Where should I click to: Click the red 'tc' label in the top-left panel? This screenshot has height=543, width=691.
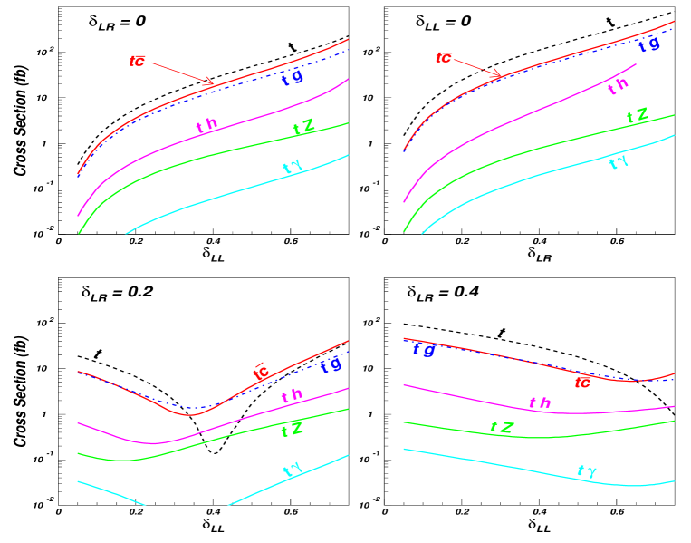(x=138, y=62)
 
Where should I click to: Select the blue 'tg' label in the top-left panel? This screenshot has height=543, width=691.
(x=293, y=79)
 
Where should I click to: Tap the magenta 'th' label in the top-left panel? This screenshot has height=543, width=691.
(x=207, y=126)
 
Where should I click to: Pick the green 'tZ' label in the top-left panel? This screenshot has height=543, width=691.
(x=304, y=128)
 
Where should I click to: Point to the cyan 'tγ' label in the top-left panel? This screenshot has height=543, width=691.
(x=292, y=168)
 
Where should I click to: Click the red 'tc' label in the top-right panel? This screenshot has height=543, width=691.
(x=443, y=58)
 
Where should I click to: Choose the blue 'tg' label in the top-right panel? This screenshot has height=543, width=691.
(x=648, y=44)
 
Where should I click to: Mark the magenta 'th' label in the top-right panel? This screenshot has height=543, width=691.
(x=618, y=86)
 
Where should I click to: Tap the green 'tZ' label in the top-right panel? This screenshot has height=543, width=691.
(x=638, y=117)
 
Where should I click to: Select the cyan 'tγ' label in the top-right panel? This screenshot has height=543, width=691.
(x=619, y=162)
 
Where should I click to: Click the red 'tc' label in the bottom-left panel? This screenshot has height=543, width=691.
(x=261, y=372)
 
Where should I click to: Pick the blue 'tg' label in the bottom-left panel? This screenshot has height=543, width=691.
(x=331, y=365)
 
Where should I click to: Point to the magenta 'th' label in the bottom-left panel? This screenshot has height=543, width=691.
(x=292, y=396)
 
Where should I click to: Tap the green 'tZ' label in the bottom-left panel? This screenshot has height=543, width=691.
(x=292, y=430)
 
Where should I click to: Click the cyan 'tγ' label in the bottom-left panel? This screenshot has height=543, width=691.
(x=293, y=470)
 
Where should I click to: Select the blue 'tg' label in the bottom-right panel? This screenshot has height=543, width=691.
(x=423, y=349)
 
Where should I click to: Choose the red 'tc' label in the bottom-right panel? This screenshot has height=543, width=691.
(x=582, y=383)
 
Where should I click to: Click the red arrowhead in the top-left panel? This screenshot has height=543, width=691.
(x=210, y=83)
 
